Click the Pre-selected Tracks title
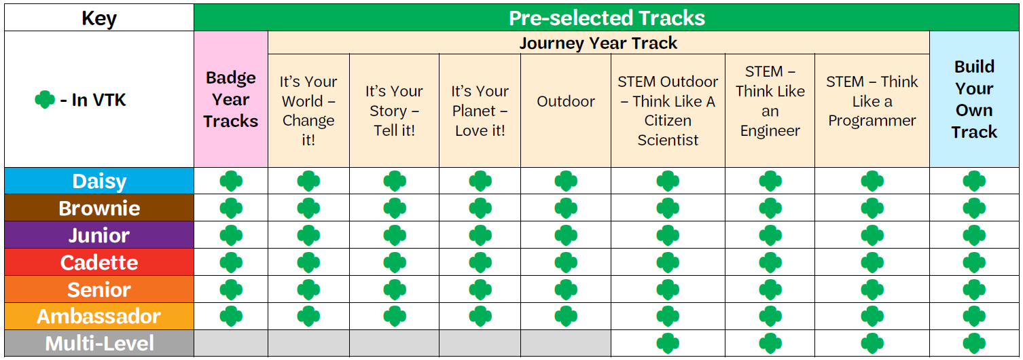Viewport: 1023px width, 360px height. point(607,18)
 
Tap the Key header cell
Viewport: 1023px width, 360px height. point(98,18)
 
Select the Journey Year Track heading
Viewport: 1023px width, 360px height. point(598,43)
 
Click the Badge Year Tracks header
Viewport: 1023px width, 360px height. point(231,99)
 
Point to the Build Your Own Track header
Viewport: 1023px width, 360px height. point(974,99)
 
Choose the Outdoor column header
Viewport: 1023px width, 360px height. point(566,101)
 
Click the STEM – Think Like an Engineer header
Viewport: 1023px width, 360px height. point(770,101)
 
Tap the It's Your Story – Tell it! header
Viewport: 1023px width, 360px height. point(394,110)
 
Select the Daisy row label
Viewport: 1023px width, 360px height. point(99,181)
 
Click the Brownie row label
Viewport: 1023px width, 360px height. point(99,209)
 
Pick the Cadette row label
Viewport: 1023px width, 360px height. point(99,262)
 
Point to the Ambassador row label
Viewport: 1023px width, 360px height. point(99,317)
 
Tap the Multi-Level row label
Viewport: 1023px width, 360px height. point(99,344)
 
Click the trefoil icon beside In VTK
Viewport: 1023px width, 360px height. point(45,101)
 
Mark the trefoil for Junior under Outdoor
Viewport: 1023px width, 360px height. point(566,236)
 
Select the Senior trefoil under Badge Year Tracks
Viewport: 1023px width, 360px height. point(231,289)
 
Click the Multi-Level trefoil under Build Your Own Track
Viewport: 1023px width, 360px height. point(974,343)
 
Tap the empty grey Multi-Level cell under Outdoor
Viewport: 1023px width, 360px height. point(566,343)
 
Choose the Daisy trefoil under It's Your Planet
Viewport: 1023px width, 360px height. point(480,181)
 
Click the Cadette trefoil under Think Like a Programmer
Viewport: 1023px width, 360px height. point(872,262)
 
